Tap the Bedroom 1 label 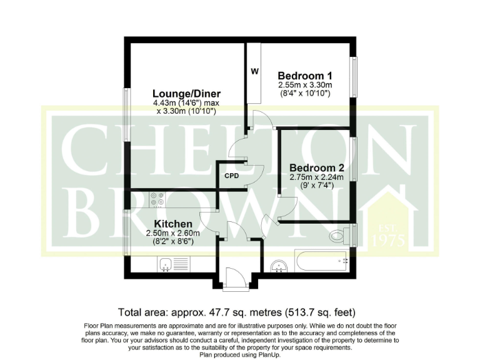[x=304, y=76]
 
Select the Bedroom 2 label [x=317, y=168]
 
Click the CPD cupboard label [x=232, y=176]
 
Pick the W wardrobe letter [x=254, y=71]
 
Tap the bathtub [x=321, y=261]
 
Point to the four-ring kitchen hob [x=157, y=198]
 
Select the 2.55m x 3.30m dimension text [x=304, y=85]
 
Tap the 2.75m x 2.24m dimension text [x=317, y=177]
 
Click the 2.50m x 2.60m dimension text [x=164, y=233]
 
